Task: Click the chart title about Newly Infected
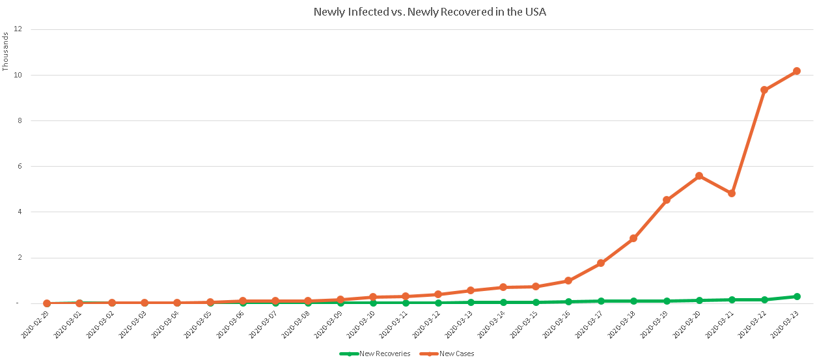click(430, 12)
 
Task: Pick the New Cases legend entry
click(456, 353)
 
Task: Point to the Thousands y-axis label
click(6, 51)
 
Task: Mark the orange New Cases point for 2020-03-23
click(796, 71)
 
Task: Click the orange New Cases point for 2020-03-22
click(764, 90)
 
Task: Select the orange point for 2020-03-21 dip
click(731, 193)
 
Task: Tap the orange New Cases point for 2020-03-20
click(699, 176)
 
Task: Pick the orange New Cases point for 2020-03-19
click(666, 200)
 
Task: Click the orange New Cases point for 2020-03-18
click(633, 238)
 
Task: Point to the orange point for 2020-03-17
click(601, 263)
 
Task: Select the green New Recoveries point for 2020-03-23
click(796, 296)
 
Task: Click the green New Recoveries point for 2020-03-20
click(699, 300)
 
